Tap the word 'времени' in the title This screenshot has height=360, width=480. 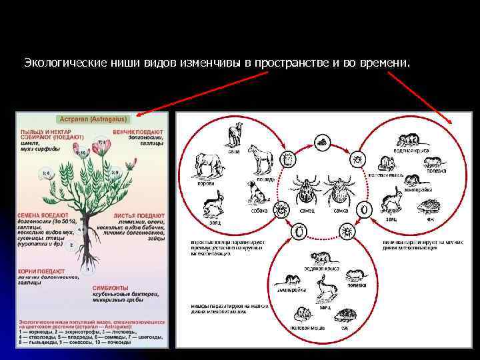[386, 63]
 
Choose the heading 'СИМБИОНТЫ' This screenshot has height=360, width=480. [111, 287]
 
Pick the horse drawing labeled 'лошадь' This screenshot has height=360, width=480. [260, 159]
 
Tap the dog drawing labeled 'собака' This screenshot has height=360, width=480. [257, 194]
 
